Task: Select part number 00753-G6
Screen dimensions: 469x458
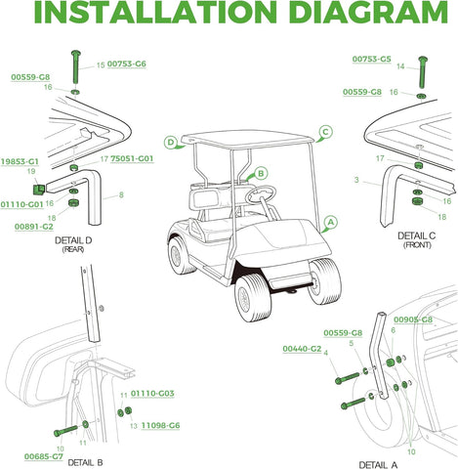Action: coord(127,64)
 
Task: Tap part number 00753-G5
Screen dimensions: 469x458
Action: coord(371,60)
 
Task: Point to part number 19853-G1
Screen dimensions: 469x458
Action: coord(20,160)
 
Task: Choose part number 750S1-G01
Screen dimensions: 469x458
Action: coord(133,158)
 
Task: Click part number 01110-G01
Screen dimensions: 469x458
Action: coord(21,204)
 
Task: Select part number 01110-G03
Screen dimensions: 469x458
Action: coord(152,393)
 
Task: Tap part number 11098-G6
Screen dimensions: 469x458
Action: coord(160,426)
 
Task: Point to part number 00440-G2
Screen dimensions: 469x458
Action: coord(302,349)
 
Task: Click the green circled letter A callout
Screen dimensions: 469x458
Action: coord(331,222)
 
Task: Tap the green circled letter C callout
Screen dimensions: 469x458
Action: coord(326,131)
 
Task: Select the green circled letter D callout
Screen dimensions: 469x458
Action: coord(171,142)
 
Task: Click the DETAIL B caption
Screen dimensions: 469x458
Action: coord(86,461)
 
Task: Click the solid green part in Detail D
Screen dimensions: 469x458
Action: coord(40,188)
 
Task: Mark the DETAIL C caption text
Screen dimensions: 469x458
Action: coord(417,236)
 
